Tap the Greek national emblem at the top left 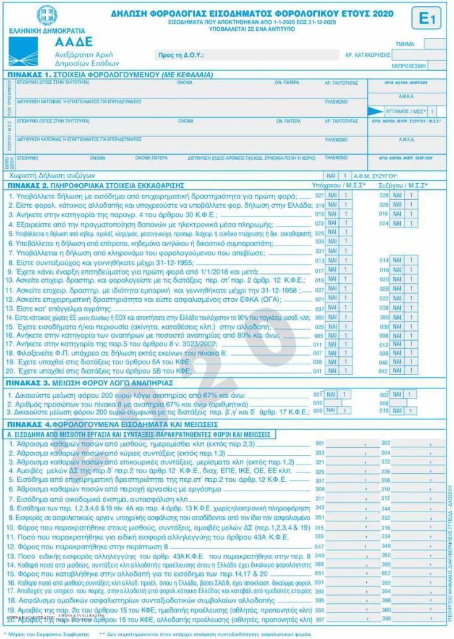pyautogui.click(x=47, y=15)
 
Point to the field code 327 pyautogui.click(x=319, y=195)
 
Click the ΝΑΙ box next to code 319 pyautogui.click(x=332, y=204)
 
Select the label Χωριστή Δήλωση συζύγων pyautogui.click(x=53, y=176)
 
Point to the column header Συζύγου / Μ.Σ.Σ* pyautogui.click(x=405, y=185)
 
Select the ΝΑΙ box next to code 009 pyautogui.click(x=332, y=410)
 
